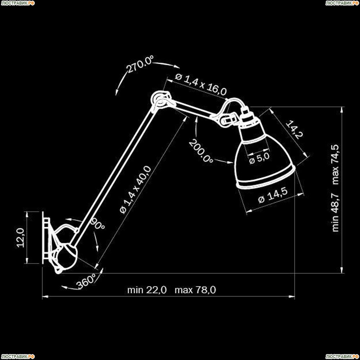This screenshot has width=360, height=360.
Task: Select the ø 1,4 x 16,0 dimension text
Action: [x=201, y=84]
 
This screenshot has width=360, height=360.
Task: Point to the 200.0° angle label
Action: [x=201, y=151]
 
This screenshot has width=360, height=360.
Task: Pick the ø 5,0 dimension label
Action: [x=259, y=158]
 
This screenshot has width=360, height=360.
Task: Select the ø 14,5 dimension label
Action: [x=273, y=196]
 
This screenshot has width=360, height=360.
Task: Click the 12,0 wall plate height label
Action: [x=21, y=238]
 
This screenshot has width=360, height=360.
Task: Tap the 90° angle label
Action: [x=98, y=224]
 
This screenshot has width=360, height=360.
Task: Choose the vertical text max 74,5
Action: [x=336, y=165]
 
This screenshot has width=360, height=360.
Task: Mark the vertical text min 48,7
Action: [x=336, y=212]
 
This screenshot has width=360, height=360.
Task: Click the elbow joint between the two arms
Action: [x=161, y=101]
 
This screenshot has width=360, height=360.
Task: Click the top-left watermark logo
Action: [x=18, y=3]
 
